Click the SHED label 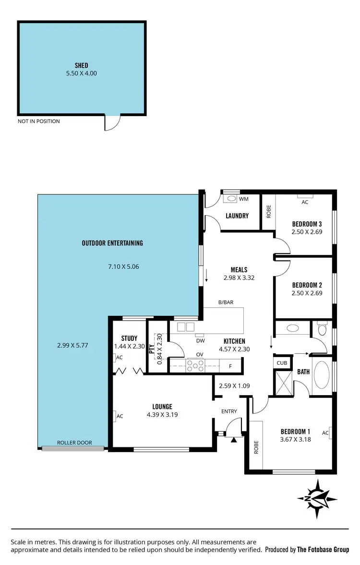click(x=81, y=65)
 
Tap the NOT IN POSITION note click(x=39, y=121)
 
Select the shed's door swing click(x=111, y=123)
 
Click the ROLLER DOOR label click(x=74, y=443)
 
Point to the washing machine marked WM click(x=232, y=198)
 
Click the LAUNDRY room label click(x=237, y=216)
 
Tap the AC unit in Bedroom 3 click(x=304, y=196)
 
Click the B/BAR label click(x=226, y=302)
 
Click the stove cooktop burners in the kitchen click(x=195, y=366)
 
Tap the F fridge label click(x=230, y=366)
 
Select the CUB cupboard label click(x=282, y=363)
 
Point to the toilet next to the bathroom click(x=322, y=330)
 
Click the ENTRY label click(x=229, y=411)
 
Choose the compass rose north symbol click(x=316, y=499)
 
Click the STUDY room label click(x=129, y=338)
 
